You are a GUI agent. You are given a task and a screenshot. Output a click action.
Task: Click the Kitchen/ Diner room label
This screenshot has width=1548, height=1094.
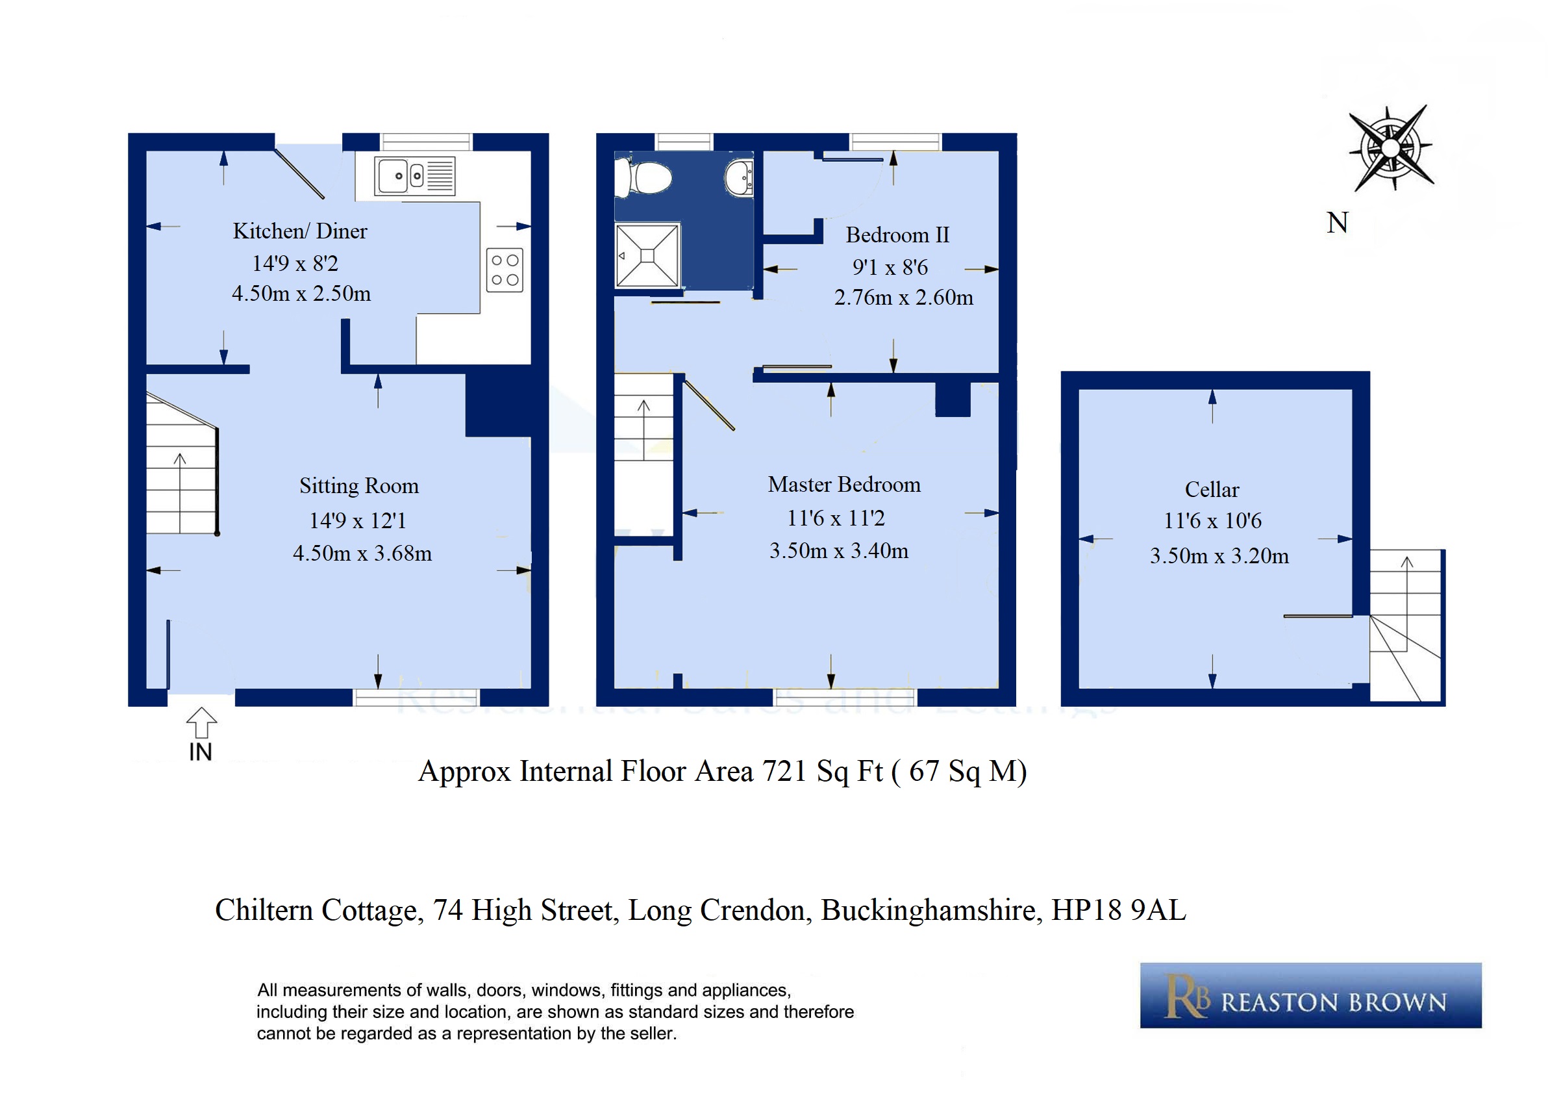tap(300, 231)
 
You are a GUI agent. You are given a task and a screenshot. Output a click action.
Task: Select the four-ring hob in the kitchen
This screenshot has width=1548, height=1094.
tap(505, 270)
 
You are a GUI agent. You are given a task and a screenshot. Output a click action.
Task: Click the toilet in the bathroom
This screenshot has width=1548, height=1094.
tap(644, 178)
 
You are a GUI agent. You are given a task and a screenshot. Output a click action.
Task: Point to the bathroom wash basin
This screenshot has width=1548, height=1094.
tap(740, 178)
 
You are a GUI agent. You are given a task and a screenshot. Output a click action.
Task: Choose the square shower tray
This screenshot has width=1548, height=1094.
tap(647, 255)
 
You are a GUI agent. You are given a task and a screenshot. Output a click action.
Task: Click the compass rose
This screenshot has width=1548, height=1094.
tap(1391, 147)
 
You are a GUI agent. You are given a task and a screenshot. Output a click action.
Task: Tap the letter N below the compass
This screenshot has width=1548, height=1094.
tap(1338, 223)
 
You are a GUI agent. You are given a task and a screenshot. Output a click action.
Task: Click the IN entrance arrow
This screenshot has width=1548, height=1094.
tap(201, 723)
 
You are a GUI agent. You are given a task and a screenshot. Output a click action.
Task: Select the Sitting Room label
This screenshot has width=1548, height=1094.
tap(358, 486)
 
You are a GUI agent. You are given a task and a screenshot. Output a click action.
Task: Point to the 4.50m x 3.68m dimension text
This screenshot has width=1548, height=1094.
tap(362, 553)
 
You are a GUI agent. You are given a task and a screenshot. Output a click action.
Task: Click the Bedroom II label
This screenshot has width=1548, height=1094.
tap(897, 235)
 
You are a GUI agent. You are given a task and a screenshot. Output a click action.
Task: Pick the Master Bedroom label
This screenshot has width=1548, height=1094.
tap(844, 484)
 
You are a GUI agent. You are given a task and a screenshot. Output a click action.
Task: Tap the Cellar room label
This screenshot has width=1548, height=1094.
tap(1212, 490)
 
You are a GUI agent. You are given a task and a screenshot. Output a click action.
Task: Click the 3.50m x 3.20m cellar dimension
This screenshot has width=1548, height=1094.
tap(1219, 555)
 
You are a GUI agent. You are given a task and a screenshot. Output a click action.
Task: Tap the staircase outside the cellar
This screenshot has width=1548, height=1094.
tap(1406, 626)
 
